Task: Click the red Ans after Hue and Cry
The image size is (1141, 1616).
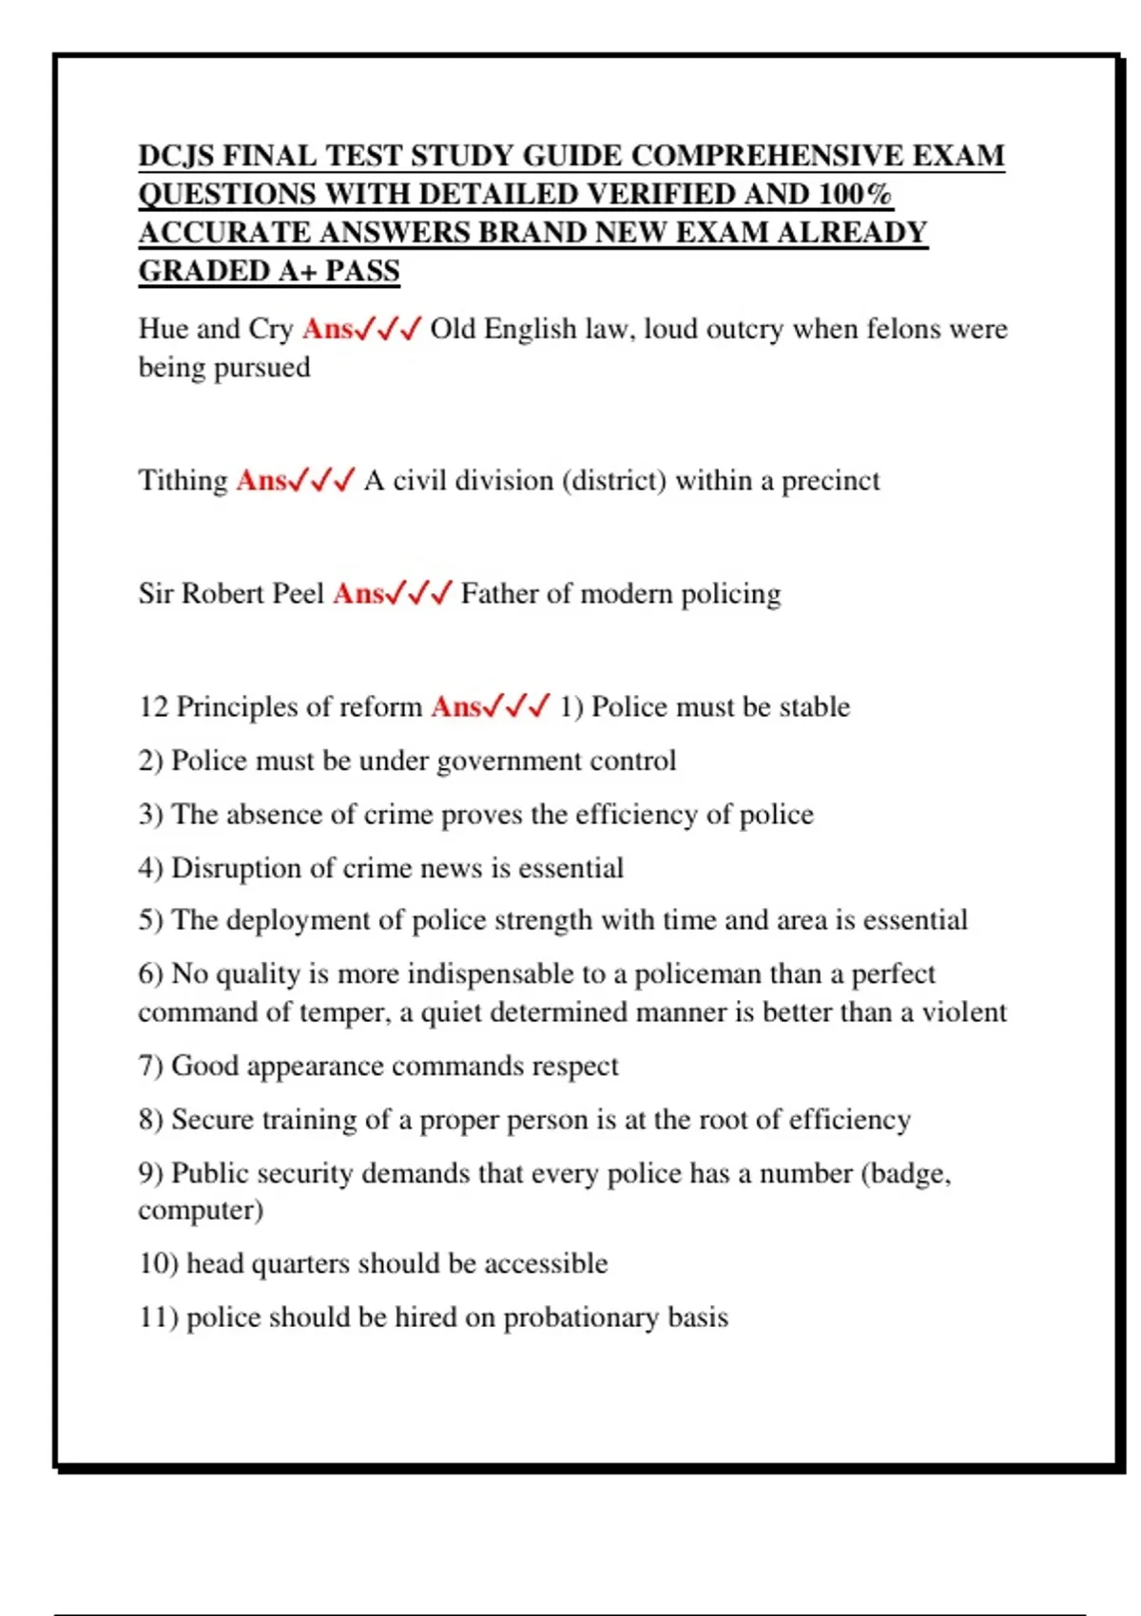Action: coord(327,329)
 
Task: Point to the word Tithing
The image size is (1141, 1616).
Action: coord(183,480)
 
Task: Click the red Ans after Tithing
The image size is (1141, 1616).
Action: coord(261,480)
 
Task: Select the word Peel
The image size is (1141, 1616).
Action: coord(298,593)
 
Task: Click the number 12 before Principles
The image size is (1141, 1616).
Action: coord(153,706)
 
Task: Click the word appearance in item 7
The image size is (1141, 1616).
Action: coord(313,1067)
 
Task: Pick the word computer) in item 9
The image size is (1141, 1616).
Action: coord(201,1210)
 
